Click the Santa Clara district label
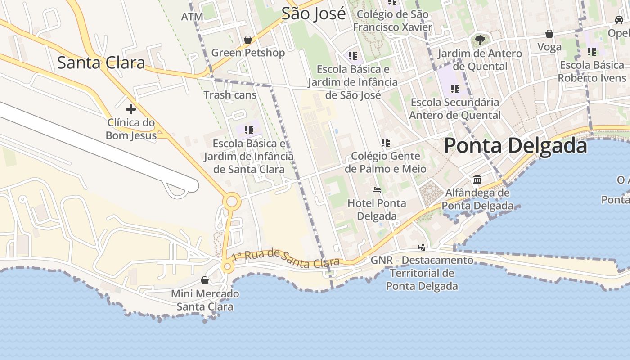101,63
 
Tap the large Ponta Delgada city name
516,146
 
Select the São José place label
314,13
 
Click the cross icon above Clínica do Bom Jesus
131,109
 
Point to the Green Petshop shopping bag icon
247,40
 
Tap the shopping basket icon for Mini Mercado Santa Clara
205,281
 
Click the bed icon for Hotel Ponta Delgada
377,190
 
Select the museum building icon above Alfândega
477,180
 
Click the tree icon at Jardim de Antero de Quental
480,40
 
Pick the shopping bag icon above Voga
549,34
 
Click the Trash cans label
230,95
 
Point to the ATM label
192,17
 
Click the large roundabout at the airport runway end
232,201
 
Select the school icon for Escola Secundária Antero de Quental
455,89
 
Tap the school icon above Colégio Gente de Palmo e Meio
385,143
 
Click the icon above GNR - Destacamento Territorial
422,247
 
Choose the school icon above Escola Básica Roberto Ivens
591,52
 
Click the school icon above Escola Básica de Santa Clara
248,130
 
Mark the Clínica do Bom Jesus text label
131,129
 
